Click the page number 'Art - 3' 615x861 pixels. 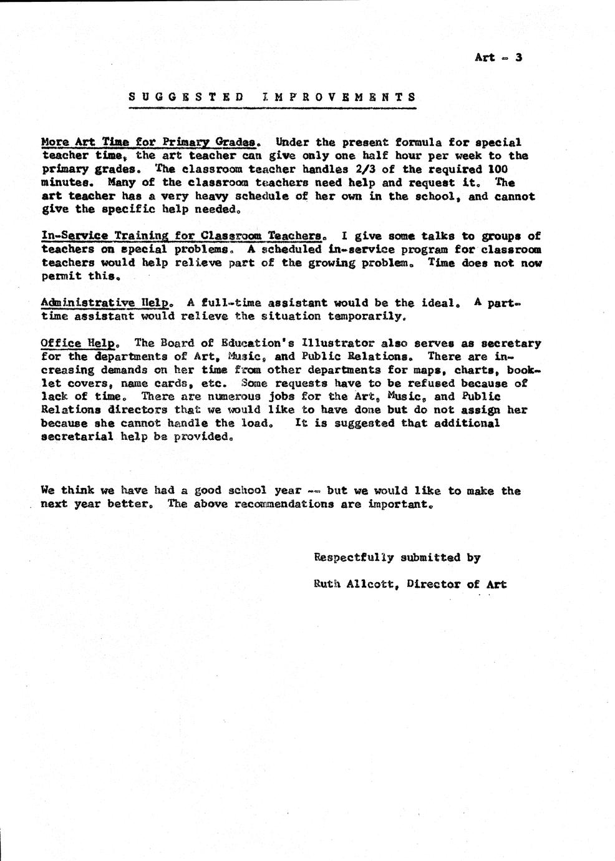498,57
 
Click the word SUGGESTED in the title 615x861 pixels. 186,97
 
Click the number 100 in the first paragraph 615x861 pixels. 498,169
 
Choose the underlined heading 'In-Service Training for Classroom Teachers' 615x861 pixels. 182,236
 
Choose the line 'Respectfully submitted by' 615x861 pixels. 397,558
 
